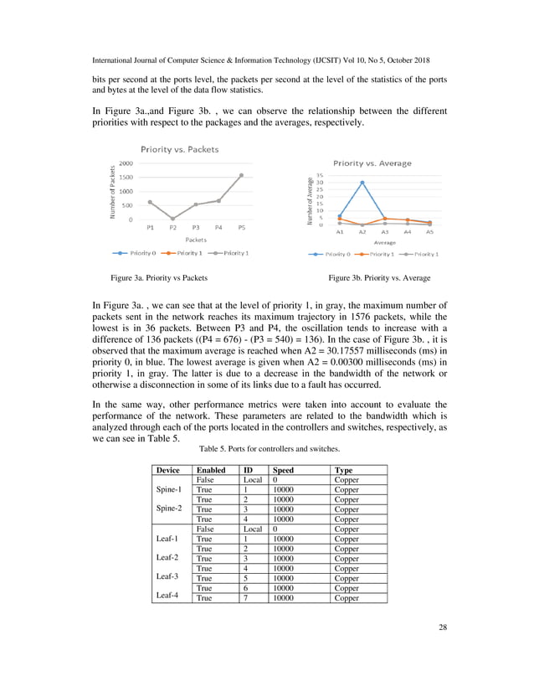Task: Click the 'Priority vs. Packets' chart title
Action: (x=180, y=149)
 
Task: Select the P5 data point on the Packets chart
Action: (x=241, y=175)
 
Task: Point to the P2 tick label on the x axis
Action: (x=172, y=227)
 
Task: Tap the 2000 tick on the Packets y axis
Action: (x=123, y=163)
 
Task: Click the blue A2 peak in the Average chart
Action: (x=362, y=182)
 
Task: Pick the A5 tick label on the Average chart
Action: (x=430, y=232)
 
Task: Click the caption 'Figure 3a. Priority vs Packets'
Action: (x=153, y=276)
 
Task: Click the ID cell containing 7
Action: (x=246, y=598)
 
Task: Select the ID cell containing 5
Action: (x=246, y=578)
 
